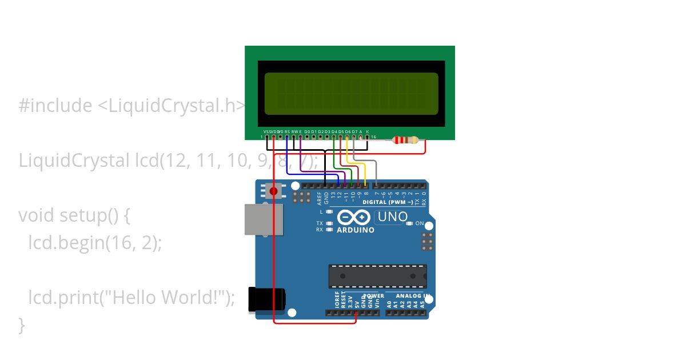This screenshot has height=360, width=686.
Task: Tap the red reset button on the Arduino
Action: [274, 191]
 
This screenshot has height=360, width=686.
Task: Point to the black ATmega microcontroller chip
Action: [377, 276]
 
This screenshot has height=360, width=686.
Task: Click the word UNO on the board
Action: [393, 217]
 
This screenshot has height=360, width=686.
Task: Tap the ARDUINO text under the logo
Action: [356, 230]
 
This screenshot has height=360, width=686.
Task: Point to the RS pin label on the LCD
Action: [287, 131]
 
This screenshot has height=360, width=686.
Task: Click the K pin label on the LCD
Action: [368, 131]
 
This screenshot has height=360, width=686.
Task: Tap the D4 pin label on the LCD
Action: [334, 131]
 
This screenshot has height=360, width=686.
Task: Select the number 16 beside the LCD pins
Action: [373, 138]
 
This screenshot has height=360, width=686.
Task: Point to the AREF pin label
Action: [320, 198]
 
